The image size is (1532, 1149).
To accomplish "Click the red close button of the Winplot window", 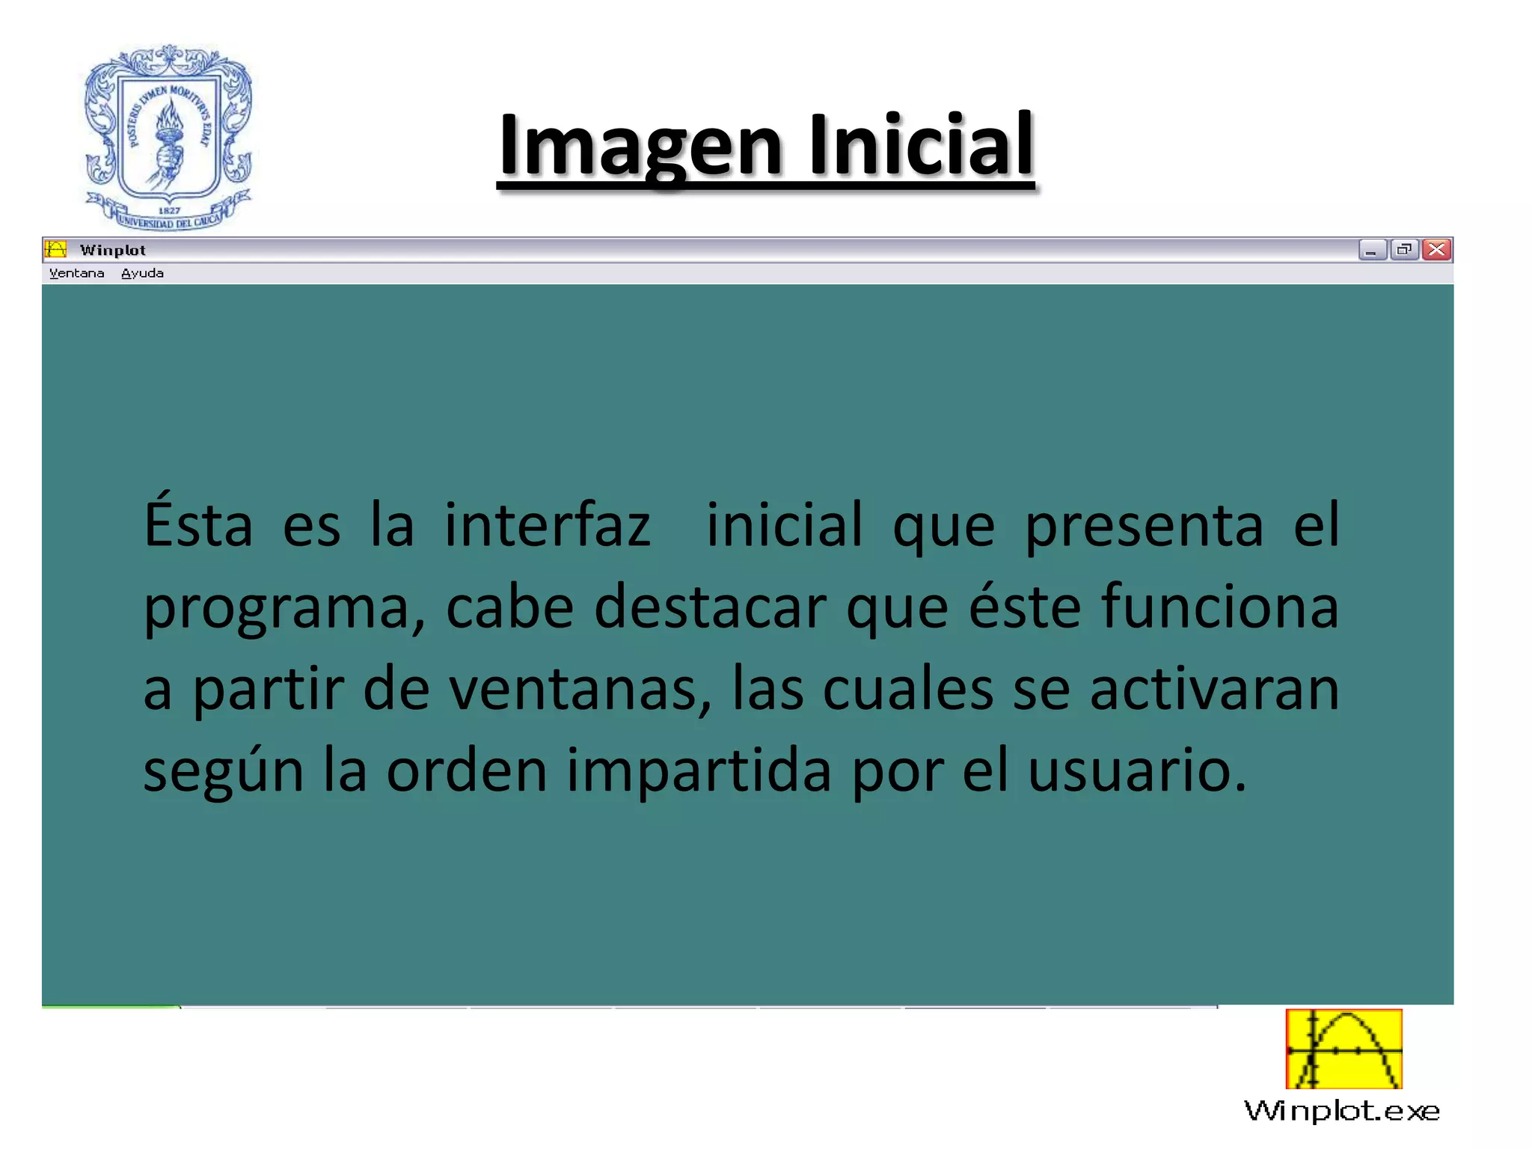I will click(x=1436, y=250).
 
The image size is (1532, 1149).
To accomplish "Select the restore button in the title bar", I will click(x=1404, y=250).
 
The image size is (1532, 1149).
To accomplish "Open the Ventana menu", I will click(x=76, y=274).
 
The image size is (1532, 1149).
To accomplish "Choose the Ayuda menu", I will click(x=142, y=274).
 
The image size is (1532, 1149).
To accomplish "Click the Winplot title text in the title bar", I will click(x=113, y=251).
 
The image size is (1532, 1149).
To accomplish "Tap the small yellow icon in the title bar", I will click(x=55, y=249).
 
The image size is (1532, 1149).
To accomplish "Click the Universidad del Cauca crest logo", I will click(x=168, y=137).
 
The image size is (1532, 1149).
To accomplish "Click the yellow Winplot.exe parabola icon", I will click(x=1343, y=1049).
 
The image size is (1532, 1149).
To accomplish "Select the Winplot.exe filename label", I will click(x=1342, y=1111).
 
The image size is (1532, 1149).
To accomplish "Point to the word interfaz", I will click(x=548, y=525).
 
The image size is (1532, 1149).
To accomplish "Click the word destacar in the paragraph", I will click(x=710, y=607).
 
